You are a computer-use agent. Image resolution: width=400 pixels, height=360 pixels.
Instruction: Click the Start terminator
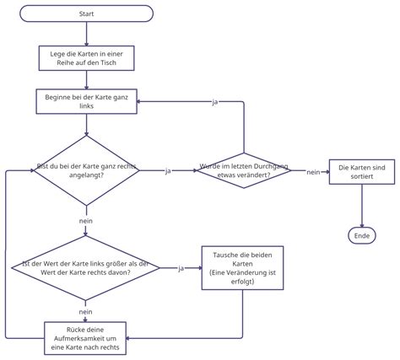pyautogui.click(x=86, y=13)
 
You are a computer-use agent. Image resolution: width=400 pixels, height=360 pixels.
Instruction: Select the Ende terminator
pyautogui.click(x=362, y=235)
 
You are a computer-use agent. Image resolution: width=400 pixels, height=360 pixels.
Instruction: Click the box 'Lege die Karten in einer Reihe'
pyautogui.click(x=86, y=58)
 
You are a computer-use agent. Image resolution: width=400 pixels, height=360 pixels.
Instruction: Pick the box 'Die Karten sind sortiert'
pyautogui.click(x=362, y=172)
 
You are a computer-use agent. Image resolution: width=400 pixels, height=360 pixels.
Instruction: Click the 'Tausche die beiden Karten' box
pyautogui.click(x=241, y=268)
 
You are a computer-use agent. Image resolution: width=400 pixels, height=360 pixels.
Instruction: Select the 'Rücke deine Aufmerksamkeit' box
pyautogui.click(x=86, y=336)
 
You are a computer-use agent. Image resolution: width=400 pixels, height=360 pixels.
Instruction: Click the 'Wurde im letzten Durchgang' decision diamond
pyautogui.click(x=241, y=171)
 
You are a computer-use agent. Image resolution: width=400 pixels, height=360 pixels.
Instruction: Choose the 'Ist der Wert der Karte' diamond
pyautogui.click(x=86, y=268)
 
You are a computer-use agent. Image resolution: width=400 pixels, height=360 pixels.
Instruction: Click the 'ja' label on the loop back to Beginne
pyautogui.click(x=215, y=102)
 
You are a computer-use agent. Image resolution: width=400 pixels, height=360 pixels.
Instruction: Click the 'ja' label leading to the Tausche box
pyautogui.click(x=181, y=268)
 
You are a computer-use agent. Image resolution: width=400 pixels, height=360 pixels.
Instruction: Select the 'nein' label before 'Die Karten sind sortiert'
pyautogui.click(x=312, y=171)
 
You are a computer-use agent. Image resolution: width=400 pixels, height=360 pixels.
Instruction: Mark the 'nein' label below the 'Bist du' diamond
pyautogui.click(x=86, y=221)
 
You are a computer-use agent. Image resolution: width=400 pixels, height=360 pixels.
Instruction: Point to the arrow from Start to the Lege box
pyautogui.click(x=86, y=34)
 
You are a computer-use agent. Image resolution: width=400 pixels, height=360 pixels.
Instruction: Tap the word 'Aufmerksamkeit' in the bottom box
pyautogui.click(x=86, y=336)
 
